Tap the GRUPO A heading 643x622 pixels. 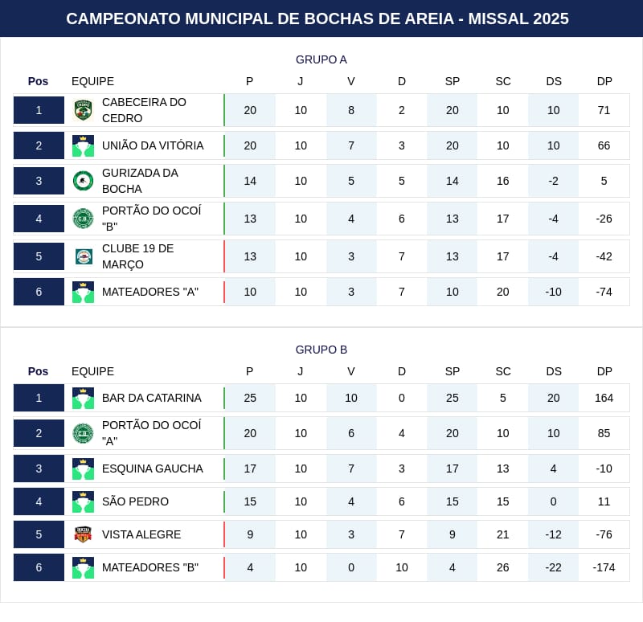pos(321,59)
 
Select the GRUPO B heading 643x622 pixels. pos(321,350)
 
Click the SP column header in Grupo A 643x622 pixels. pos(453,81)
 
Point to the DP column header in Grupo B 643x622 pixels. pos(604,371)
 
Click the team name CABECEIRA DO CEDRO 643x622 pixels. pos(144,110)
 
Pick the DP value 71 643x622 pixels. pos(604,110)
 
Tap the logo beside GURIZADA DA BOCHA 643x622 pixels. pos(83,181)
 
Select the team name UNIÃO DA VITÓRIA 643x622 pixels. pos(153,145)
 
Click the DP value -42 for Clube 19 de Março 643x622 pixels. pos(604,256)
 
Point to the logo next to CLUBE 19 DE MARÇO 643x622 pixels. pos(83,256)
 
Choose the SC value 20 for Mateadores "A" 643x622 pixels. pos(503,292)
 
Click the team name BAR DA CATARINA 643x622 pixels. pos(152,398)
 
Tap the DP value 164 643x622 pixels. pos(604,398)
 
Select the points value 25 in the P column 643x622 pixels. pos(250,398)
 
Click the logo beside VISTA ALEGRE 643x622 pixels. pos(83,534)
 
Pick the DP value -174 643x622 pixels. pos(604,567)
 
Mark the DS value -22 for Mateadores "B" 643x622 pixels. pos(554,567)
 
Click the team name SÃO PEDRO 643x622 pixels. pos(135,501)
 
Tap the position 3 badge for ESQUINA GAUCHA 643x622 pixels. pos(39,469)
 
